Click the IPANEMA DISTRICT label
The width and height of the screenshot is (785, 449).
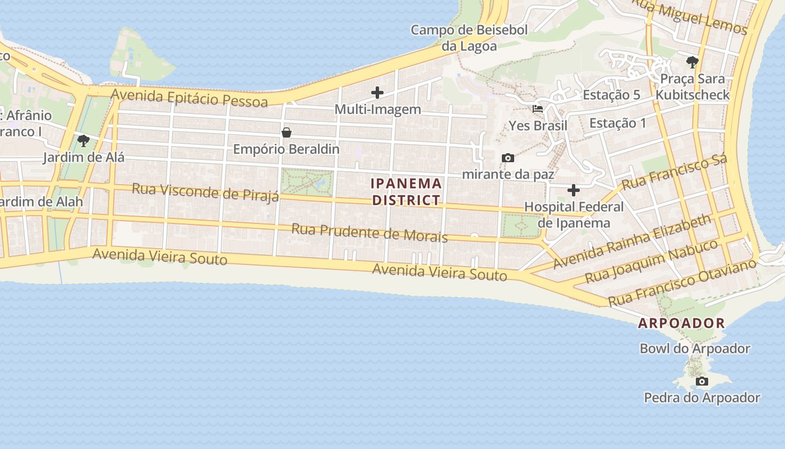click(407, 192)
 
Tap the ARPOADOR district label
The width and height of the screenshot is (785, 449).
click(681, 323)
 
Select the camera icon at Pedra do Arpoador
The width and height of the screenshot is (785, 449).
click(701, 382)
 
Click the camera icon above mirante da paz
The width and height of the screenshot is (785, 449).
click(508, 158)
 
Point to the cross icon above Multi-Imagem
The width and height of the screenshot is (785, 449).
click(377, 93)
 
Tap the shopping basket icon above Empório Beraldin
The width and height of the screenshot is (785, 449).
click(287, 132)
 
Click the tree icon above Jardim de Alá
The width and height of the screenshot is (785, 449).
click(84, 140)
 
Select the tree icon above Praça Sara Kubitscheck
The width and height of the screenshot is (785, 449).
click(692, 62)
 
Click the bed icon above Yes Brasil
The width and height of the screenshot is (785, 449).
click(538, 108)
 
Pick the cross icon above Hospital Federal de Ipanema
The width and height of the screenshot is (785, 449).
click(573, 190)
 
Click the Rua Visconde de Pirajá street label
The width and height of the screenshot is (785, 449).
click(205, 191)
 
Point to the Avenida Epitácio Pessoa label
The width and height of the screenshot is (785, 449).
click(190, 98)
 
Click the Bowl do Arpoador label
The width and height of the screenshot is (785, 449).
click(695, 349)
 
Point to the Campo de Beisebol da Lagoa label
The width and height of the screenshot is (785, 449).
click(469, 38)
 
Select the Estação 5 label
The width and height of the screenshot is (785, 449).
click(611, 95)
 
